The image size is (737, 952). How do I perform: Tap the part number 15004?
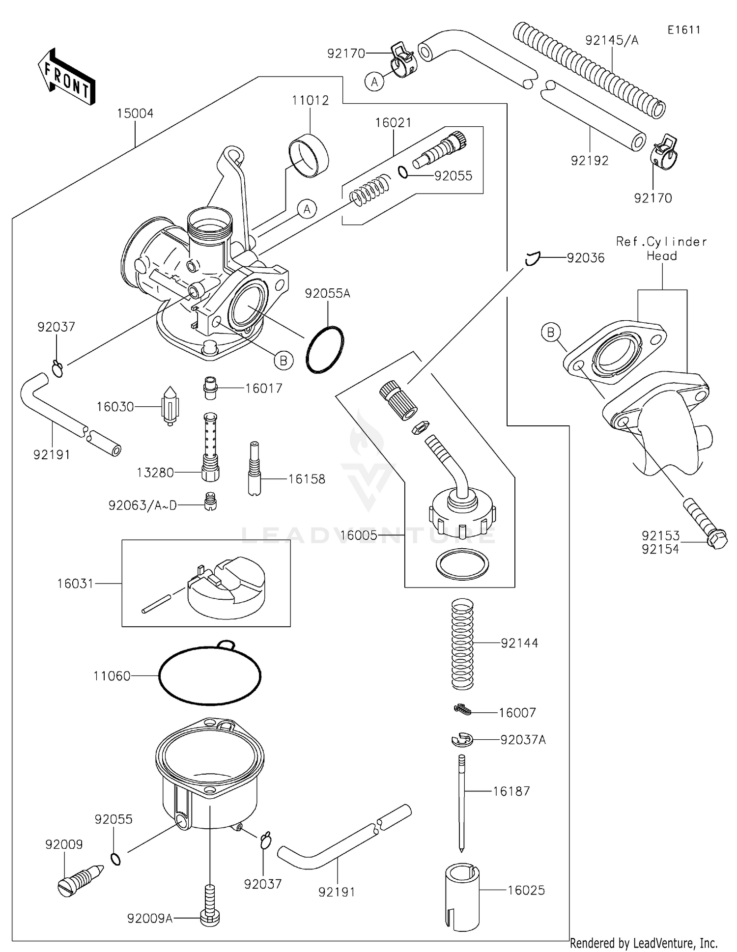[135, 113]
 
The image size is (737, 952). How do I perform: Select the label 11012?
[310, 100]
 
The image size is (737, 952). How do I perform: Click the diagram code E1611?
[684, 30]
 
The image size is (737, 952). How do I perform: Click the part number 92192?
[590, 161]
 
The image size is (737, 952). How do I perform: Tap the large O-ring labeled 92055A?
[325, 349]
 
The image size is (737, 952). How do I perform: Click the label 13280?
[155, 473]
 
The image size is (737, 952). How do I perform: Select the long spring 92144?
[462, 644]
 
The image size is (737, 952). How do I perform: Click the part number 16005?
[359, 535]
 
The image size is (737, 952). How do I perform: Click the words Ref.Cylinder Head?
[661, 249]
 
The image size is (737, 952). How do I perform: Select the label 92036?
[586, 258]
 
